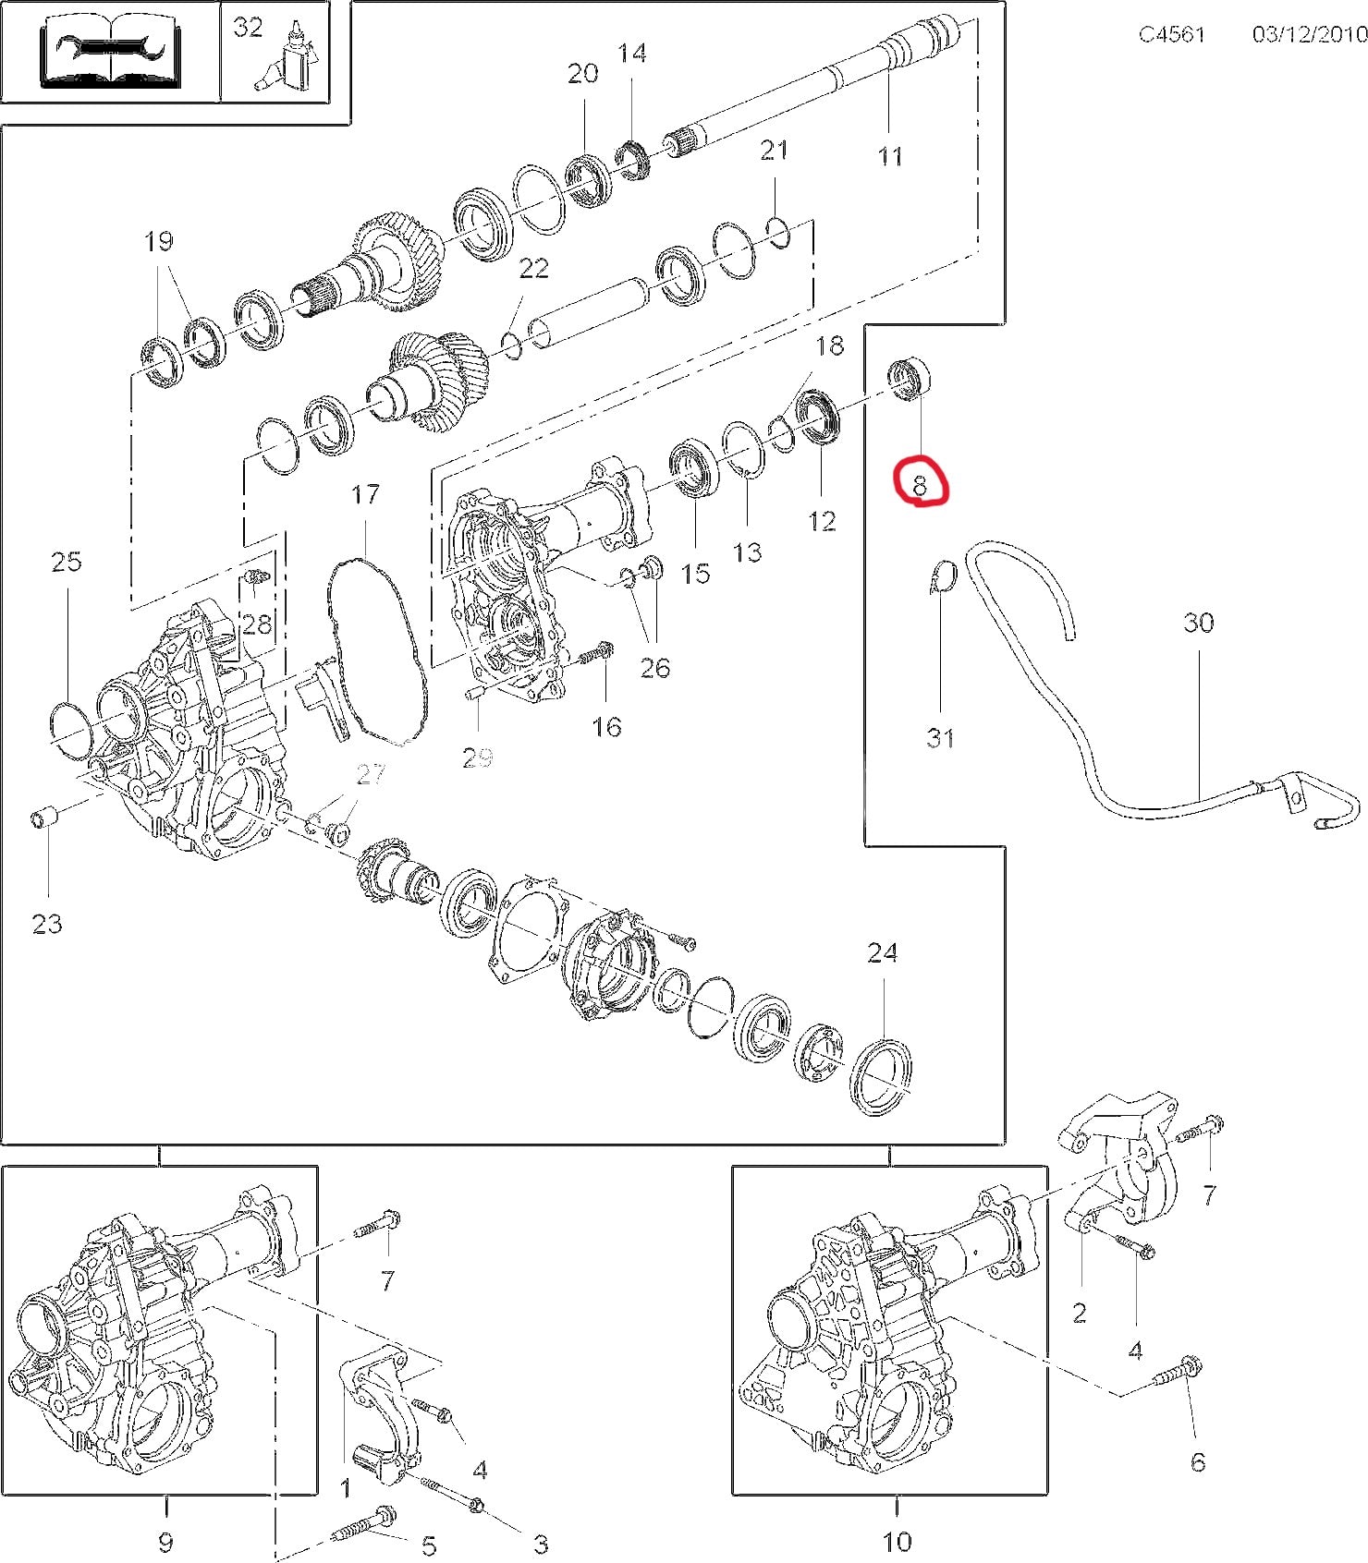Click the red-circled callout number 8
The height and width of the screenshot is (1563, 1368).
pyautogui.click(x=920, y=484)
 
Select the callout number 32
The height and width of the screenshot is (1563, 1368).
pyautogui.click(x=248, y=28)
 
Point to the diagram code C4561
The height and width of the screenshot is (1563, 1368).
pyautogui.click(x=1171, y=34)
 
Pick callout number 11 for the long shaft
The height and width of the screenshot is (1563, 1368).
pyautogui.click(x=889, y=155)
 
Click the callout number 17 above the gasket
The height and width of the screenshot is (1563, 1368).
pyautogui.click(x=365, y=494)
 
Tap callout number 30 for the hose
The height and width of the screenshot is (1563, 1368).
pyautogui.click(x=1198, y=623)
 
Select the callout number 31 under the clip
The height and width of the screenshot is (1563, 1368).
pyautogui.click(x=940, y=737)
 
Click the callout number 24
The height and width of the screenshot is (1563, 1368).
pyautogui.click(x=882, y=952)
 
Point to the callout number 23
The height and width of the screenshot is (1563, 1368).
pyautogui.click(x=47, y=923)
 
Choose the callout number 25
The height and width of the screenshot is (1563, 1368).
pyautogui.click(x=67, y=561)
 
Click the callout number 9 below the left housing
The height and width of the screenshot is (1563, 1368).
pyautogui.click(x=166, y=1540)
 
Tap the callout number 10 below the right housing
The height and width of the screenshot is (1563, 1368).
pyautogui.click(x=897, y=1540)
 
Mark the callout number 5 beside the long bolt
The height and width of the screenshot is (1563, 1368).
pyautogui.click(x=429, y=1545)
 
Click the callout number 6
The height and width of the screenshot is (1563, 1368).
pyautogui.click(x=1198, y=1460)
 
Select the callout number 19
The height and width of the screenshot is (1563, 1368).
pyautogui.click(x=159, y=241)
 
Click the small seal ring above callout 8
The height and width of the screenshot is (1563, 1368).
pyautogui.click(x=910, y=379)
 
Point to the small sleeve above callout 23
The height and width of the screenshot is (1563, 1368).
pyautogui.click(x=44, y=819)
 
